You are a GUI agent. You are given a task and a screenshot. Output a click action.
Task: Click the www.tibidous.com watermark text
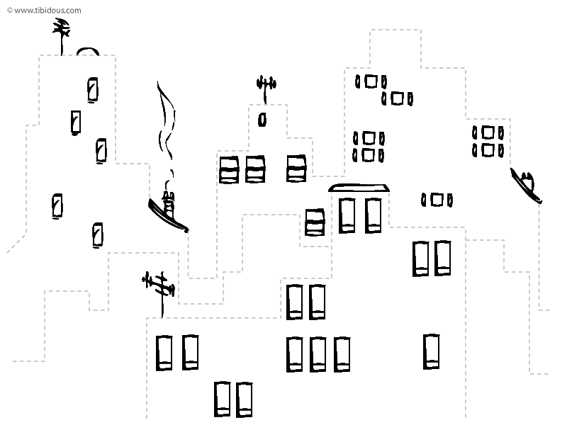[47, 11]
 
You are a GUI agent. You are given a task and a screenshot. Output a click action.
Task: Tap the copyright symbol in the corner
[10, 11]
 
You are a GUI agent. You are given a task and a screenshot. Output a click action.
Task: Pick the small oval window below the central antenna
[262, 120]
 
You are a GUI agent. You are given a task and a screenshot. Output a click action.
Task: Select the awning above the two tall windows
[359, 188]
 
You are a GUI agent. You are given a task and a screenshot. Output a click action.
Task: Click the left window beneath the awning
[347, 215]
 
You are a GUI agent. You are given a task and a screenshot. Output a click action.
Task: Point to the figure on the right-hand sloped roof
[526, 185]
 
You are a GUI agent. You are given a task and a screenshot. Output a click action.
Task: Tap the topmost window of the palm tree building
[93, 90]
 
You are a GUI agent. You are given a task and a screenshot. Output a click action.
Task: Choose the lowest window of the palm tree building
[98, 235]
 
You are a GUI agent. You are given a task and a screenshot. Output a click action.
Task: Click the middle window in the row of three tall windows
[318, 354]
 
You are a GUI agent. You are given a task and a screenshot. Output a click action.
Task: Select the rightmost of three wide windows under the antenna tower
[296, 169]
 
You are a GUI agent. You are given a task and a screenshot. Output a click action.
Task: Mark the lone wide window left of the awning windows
[315, 222]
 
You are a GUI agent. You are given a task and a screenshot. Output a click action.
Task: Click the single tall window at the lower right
[432, 351]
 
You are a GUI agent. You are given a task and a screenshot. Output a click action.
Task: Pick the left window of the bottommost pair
[222, 399]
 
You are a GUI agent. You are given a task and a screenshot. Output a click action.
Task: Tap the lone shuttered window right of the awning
[437, 200]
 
